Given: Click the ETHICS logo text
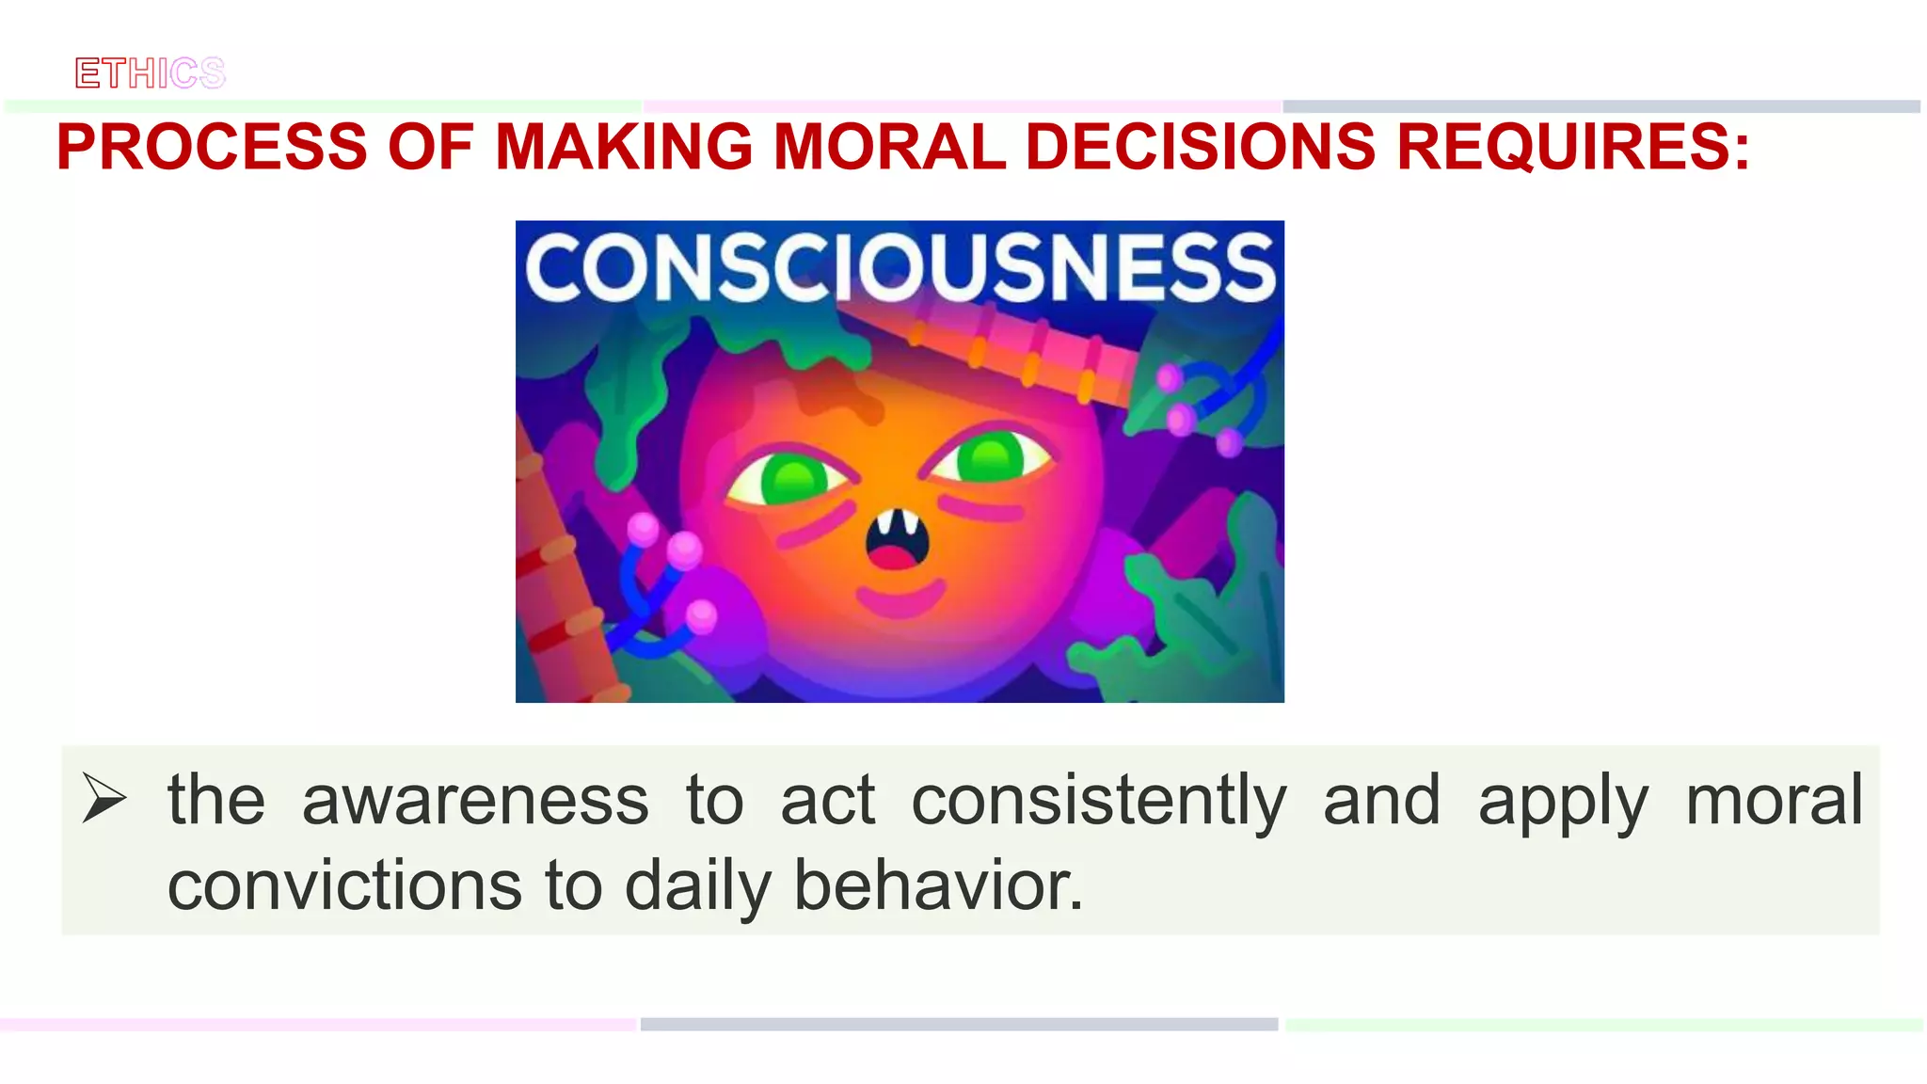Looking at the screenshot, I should (x=151, y=73).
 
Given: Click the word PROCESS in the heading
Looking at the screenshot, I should (x=212, y=147).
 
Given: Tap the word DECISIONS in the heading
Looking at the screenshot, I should (x=1201, y=147).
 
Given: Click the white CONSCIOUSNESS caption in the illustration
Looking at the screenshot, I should (x=900, y=268).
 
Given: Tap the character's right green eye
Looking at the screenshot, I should (x=990, y=458).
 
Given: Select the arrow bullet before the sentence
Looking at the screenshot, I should (x=104, y=798).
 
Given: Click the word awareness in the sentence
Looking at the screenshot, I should (x=475, y=800).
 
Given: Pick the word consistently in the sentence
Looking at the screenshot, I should (x=1098, y=800).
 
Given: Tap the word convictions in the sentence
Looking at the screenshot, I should (x=344, y=886).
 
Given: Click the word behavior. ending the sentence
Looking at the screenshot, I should (x=938, y=886).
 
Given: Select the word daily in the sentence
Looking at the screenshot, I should (x=697, y=886).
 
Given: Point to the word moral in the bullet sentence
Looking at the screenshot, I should (x=1774, y=800).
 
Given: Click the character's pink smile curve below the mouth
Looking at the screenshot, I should (x=900, y=598).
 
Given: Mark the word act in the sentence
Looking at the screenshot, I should (x=828, y=800).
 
